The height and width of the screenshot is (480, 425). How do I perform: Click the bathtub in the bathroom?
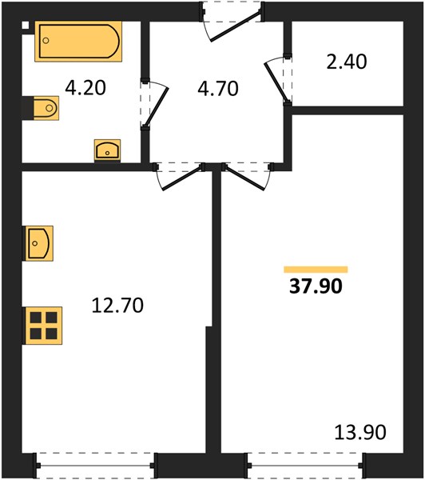pos(78,42)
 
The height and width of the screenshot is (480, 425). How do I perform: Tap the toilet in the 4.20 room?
pos(43,108)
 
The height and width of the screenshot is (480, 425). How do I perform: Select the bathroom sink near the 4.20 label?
pos(107,150)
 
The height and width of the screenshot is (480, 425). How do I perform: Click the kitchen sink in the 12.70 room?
pos(38,243)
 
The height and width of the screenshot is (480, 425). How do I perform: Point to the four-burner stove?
pos(43,326)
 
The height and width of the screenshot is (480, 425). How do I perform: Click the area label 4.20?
pos(85,87)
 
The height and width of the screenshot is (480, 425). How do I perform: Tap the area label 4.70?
pos(218,89)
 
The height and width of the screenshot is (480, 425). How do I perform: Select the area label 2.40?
pos(347,62)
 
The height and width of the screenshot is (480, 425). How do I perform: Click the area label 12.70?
pos(117,306)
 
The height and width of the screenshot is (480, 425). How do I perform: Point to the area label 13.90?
pos(360,432)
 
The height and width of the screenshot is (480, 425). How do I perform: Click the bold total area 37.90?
pos(316,286)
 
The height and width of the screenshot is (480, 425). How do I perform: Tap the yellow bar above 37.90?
pos(316,270)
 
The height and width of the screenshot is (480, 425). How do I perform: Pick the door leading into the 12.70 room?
pos(182,178)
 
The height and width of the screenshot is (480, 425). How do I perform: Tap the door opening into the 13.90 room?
pos(244,178)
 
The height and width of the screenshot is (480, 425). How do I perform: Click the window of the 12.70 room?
pos(95,466)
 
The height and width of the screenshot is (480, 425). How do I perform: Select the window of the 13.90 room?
pos(307,466)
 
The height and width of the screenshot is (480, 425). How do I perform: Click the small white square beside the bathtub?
pos(26,25)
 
